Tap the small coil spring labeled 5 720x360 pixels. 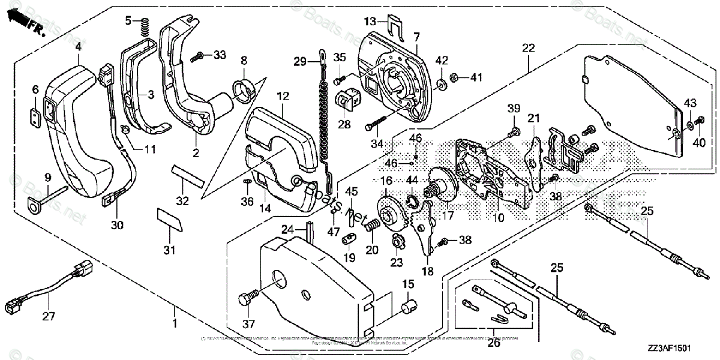coord(143,26)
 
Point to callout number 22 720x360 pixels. coord(528,48)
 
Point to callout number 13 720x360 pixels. coord(370,22)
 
